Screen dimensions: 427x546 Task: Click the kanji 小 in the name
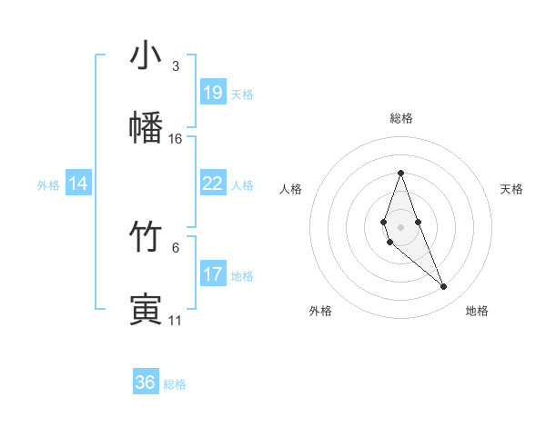tap(146, 56)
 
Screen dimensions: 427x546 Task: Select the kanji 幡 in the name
tap(146, 126)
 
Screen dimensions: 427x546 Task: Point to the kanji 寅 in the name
tap(146, 308)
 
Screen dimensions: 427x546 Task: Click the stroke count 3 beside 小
tap(176, 66)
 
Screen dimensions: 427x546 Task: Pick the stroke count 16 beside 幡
tap(176, 139)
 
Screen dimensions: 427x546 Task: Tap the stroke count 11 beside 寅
tap(176, 320)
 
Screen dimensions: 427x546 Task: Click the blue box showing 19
tap(213, 93)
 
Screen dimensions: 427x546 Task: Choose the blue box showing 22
tap(213, 184)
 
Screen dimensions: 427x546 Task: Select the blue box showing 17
tap(213, 274)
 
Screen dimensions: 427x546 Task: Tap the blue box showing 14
tap(78, 184)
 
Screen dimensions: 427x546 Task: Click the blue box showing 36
tap(146, 382)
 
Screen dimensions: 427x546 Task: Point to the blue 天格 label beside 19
tap(242, 94)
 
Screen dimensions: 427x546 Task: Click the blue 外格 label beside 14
tap(48, 185)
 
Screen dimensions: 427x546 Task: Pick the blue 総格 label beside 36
tap(175, 384)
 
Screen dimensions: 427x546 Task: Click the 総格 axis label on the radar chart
tap(401, 118)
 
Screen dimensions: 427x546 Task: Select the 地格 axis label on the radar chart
tap(477, 311)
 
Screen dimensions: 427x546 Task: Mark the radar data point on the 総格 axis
tap(400, 173)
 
